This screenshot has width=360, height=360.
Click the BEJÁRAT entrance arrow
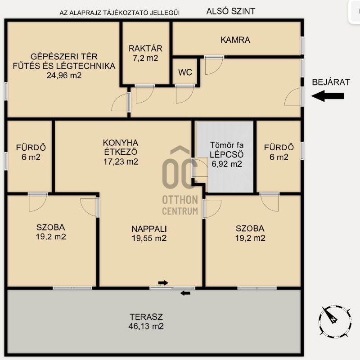click(328, 96)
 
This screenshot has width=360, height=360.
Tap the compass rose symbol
click(335, 322)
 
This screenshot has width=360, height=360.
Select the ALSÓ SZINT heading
click(231, 11)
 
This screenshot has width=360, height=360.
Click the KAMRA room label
click(235, 40)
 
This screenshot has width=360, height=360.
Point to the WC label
click(185, 72)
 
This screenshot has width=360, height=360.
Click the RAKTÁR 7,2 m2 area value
click(145, 58)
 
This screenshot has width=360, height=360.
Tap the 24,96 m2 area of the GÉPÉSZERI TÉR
click(64, 76)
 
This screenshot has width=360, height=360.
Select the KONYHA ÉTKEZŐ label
click(121, 147)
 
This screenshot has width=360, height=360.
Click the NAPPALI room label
click(149, 229)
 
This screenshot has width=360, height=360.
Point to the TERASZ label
click(146, 317)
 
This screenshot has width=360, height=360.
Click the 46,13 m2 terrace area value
click(146, 326)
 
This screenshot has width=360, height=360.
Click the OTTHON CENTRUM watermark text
click(180, 205)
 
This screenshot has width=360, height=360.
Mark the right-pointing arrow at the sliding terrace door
click(163, 283)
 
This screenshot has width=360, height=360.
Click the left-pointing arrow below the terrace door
click(185, 293)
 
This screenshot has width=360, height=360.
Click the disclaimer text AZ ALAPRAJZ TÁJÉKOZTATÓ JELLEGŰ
click(120, 13)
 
